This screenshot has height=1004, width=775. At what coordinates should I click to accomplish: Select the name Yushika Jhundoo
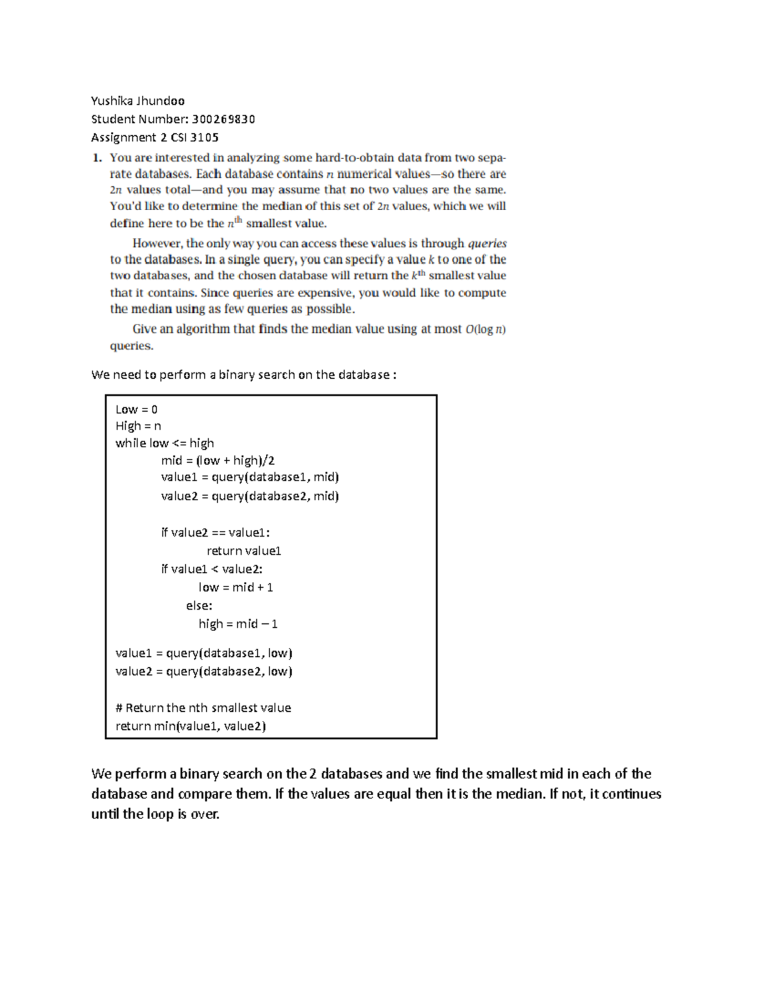tap(138, 101)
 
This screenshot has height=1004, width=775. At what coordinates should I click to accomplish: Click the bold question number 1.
tap(97, 157)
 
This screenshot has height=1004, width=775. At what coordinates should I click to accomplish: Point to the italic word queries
tap(487, 244)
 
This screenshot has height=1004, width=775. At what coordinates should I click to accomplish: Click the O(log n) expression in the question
tap(485, 329)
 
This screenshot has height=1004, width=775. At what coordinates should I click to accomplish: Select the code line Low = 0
tap(136, 409)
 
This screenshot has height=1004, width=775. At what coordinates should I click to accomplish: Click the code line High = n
tap(138, 426)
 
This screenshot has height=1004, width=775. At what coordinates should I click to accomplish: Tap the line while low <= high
tap(165, 443)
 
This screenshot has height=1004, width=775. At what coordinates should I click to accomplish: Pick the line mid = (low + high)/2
tap(218, 460)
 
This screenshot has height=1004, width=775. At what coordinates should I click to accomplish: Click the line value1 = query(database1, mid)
tap(250, 477)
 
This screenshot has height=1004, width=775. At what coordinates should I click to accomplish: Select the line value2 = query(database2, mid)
tap(250, 496)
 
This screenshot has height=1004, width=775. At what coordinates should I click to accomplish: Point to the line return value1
tap(243, 551)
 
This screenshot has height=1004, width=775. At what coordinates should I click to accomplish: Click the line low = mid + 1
tap(236, 587)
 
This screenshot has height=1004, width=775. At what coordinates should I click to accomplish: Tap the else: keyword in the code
tap(199, 606)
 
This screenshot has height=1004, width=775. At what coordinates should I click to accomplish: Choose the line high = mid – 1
tap(238, 624)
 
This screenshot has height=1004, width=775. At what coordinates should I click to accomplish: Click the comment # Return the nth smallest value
tap(203, 708)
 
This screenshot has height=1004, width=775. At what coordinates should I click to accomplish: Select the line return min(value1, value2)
tap(191, 726)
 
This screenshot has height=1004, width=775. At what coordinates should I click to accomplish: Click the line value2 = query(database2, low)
tap(203, 671)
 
